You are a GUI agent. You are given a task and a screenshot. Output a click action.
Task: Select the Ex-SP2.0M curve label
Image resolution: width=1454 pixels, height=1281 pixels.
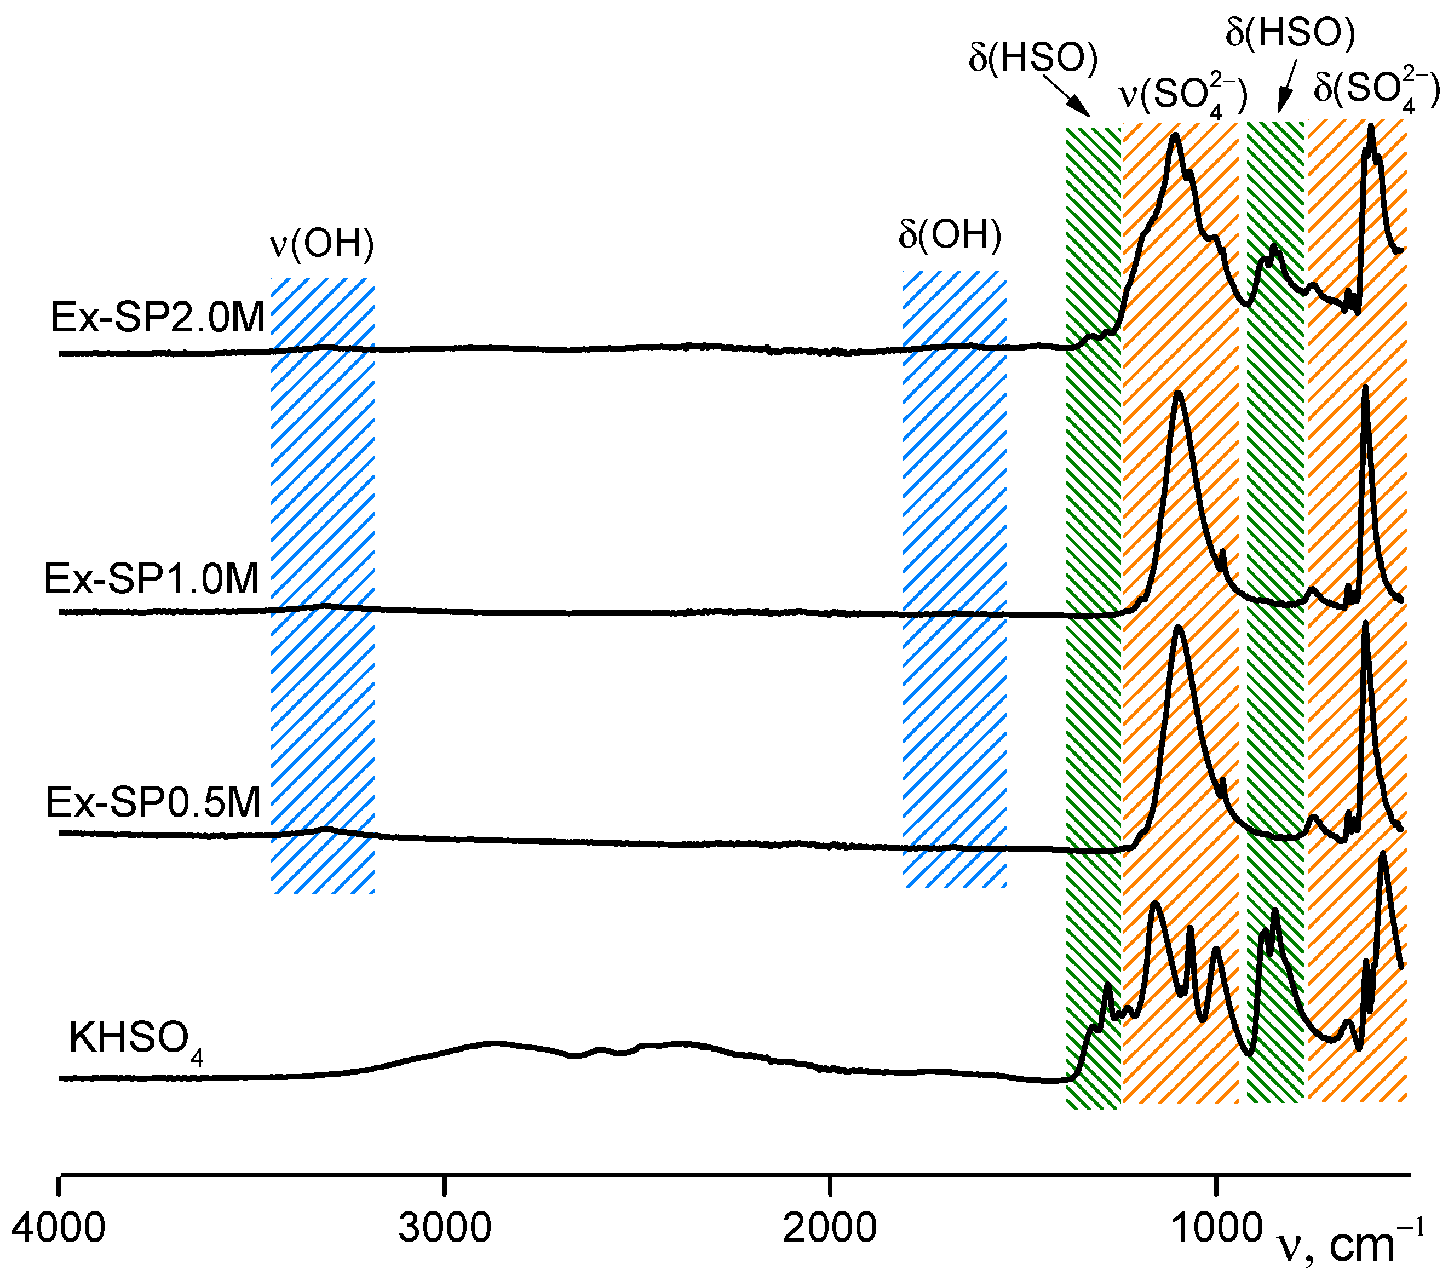click(x=157, y=317)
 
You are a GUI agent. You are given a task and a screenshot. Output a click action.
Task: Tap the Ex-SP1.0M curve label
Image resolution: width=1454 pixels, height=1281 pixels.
click(x=152, y=578)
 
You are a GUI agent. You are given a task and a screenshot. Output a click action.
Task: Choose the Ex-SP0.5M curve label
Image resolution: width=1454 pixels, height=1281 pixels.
click(x=153, y=802)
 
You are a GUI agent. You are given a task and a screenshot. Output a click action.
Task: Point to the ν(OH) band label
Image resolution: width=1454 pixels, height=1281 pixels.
click(x=321, y=244)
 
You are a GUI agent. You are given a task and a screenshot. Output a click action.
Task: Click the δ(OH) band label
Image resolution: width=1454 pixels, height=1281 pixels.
click(x=950, y=235)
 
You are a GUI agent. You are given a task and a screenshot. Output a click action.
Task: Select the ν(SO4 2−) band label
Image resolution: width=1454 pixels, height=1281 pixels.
click(x=1183, y=95)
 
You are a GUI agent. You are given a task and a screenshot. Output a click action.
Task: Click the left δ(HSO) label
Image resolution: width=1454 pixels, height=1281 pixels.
click(x=1033, y=58)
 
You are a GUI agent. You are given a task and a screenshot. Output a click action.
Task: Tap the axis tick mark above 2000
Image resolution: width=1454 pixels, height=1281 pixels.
click(x=830, y=1186)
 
